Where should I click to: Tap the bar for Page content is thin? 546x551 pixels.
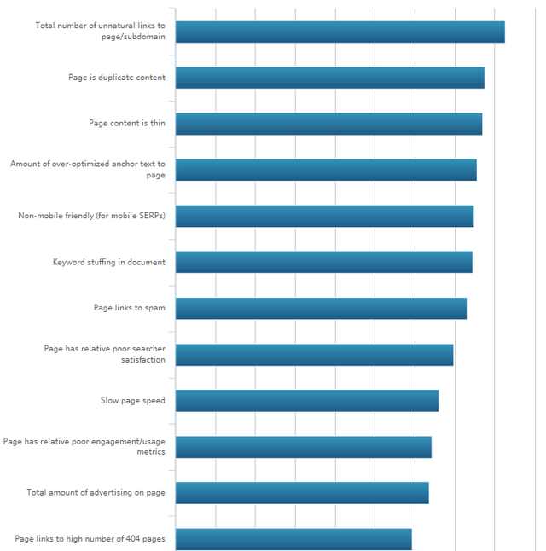(328, 124)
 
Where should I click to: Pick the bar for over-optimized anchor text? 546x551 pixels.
(326, 170)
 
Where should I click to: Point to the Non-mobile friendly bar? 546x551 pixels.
(324, 216)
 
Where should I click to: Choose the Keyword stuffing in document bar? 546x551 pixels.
(323, 262)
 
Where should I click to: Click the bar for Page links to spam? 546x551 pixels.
(321, 308)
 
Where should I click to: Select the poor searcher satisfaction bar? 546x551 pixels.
(314, 355)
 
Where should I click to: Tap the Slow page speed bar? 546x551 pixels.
(306, 401)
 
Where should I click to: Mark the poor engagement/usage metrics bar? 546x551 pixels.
(303, 447)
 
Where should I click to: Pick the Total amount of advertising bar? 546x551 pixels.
(302, 493)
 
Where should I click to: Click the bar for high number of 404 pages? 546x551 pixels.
(293, 539)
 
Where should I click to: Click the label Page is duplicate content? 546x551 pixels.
(117, 78)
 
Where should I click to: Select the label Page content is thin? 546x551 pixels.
(127, 124)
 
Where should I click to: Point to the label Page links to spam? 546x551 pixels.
(129, 308)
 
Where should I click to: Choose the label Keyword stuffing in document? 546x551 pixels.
(108, 262)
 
